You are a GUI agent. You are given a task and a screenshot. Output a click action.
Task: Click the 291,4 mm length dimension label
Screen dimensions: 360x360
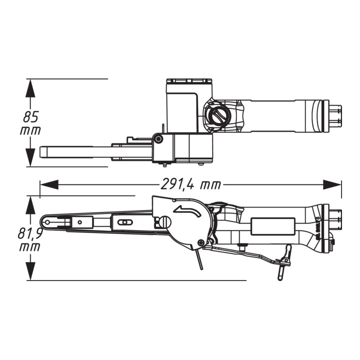(191, 184)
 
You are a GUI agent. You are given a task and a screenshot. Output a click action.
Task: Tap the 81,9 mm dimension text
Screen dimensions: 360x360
(30, 240)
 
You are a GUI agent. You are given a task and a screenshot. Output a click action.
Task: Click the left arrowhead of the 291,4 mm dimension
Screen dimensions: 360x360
(49, 184)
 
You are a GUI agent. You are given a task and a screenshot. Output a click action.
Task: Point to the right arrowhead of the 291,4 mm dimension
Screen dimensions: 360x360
(332, 184)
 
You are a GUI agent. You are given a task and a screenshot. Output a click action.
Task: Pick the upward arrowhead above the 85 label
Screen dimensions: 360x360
(30, 88)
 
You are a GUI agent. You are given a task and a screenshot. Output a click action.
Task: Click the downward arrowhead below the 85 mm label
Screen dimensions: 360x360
(30, 157)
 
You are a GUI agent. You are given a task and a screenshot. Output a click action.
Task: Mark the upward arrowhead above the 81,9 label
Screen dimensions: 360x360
(30, 205)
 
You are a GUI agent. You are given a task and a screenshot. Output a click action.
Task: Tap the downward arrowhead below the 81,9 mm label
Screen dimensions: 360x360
(30, 271)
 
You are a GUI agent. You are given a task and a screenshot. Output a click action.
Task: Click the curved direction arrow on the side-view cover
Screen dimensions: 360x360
(187, 210)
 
